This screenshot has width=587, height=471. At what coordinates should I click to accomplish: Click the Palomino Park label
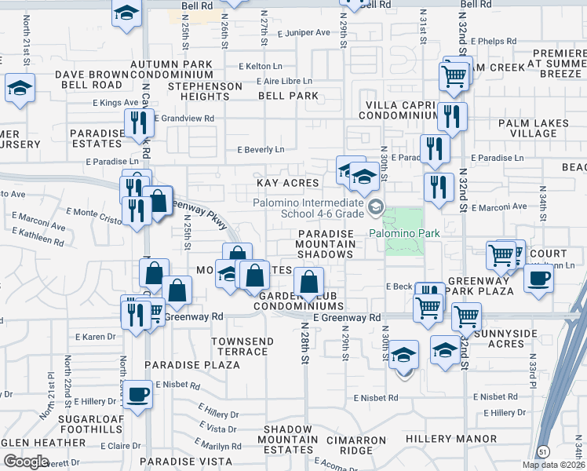405,233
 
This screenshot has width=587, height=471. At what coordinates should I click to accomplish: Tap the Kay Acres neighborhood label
288,183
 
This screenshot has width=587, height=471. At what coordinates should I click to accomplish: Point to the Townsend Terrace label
243,346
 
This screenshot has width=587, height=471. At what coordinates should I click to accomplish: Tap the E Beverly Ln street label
261,150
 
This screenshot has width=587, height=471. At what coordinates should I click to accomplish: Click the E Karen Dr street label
96,337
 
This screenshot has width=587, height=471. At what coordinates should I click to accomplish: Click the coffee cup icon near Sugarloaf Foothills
139,394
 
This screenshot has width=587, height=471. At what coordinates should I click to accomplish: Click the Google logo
27,462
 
